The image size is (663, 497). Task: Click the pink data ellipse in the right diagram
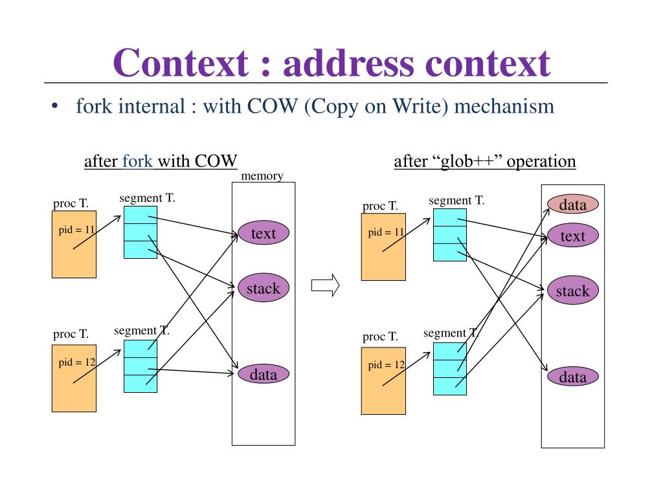[x=572, y=204]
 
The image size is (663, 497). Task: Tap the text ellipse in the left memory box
[x=264, y=233]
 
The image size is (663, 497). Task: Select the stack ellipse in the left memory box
[x=264, y=288]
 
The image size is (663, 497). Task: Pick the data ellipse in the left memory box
[x=264, y=374]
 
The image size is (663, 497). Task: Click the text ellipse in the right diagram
[x=572, y=236]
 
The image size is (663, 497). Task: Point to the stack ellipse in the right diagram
[x=572, y=291]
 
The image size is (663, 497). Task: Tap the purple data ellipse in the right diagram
[x=572, y=377]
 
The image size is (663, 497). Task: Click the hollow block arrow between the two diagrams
[x=325, y=285]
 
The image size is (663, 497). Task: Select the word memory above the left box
[x=262, y=176]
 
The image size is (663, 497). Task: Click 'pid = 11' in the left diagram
[x=76, y=230]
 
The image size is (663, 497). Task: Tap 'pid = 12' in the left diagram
[x=77, y=362]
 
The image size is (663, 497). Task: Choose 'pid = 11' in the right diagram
[x=386, y=232]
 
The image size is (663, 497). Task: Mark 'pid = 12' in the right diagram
[x=387, y=365]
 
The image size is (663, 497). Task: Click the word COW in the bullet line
[x=273, y=105]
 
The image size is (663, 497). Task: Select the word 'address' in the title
[x=348, y=63]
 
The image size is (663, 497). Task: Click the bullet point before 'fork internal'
[x=54, y=106]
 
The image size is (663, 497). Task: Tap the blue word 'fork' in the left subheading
[x=137, y=161]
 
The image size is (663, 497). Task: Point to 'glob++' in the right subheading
[x=467, y=161]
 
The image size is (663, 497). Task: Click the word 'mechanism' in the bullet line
[x=504, y=105]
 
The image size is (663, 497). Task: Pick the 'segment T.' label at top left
[x=147, y=198]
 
